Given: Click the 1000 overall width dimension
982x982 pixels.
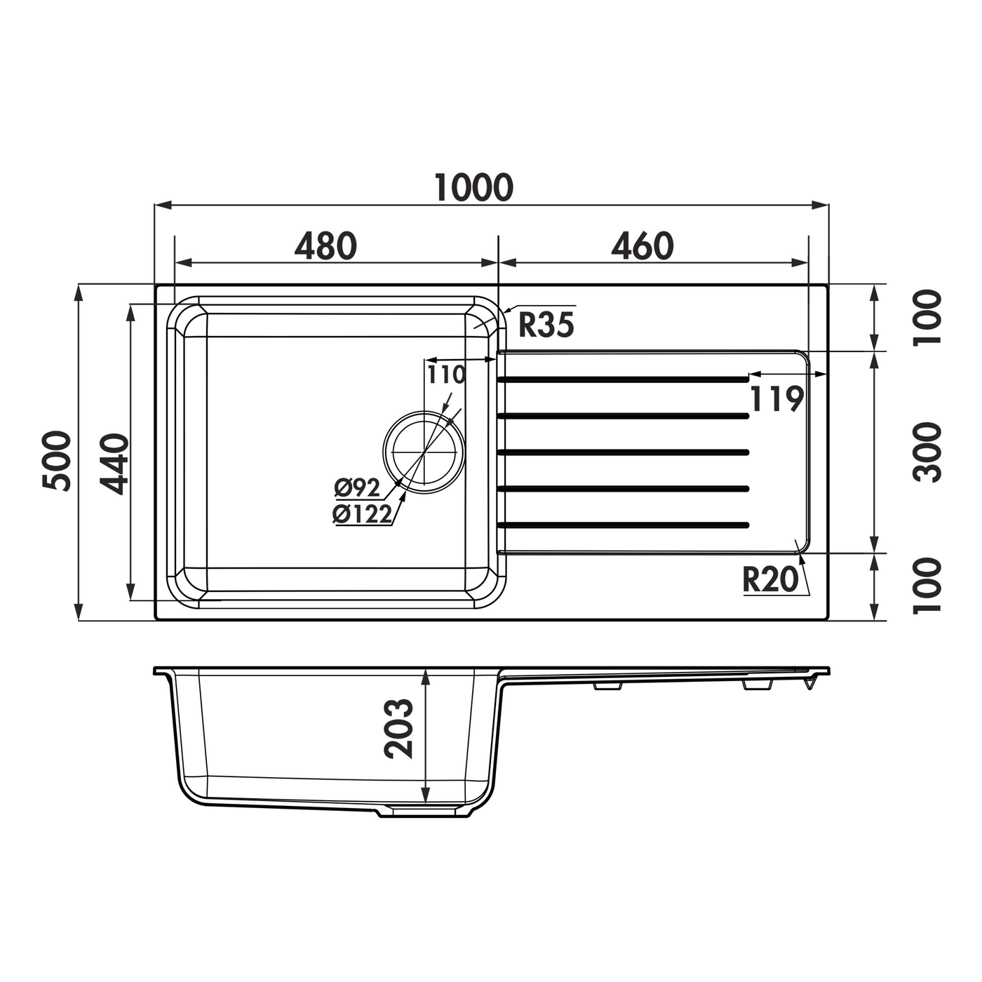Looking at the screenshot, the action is [x=473, y=187].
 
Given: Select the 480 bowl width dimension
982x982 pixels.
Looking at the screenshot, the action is [x=325, y=245].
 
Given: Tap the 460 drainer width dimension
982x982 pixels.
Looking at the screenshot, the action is [x=643, y=245].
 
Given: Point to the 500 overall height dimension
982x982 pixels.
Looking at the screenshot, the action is [x=57, y=461].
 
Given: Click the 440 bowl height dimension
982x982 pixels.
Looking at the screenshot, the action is [x=114, y=464].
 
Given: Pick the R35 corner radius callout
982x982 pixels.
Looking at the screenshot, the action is [x=546, y=325].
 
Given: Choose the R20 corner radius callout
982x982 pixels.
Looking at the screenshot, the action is [x=770, y=579].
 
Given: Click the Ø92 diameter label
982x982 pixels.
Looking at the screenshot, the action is [x=357, y=487].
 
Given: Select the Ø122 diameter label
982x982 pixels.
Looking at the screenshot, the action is [x=362, y=514].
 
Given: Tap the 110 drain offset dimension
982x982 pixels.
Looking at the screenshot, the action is [x=446, y=375].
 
